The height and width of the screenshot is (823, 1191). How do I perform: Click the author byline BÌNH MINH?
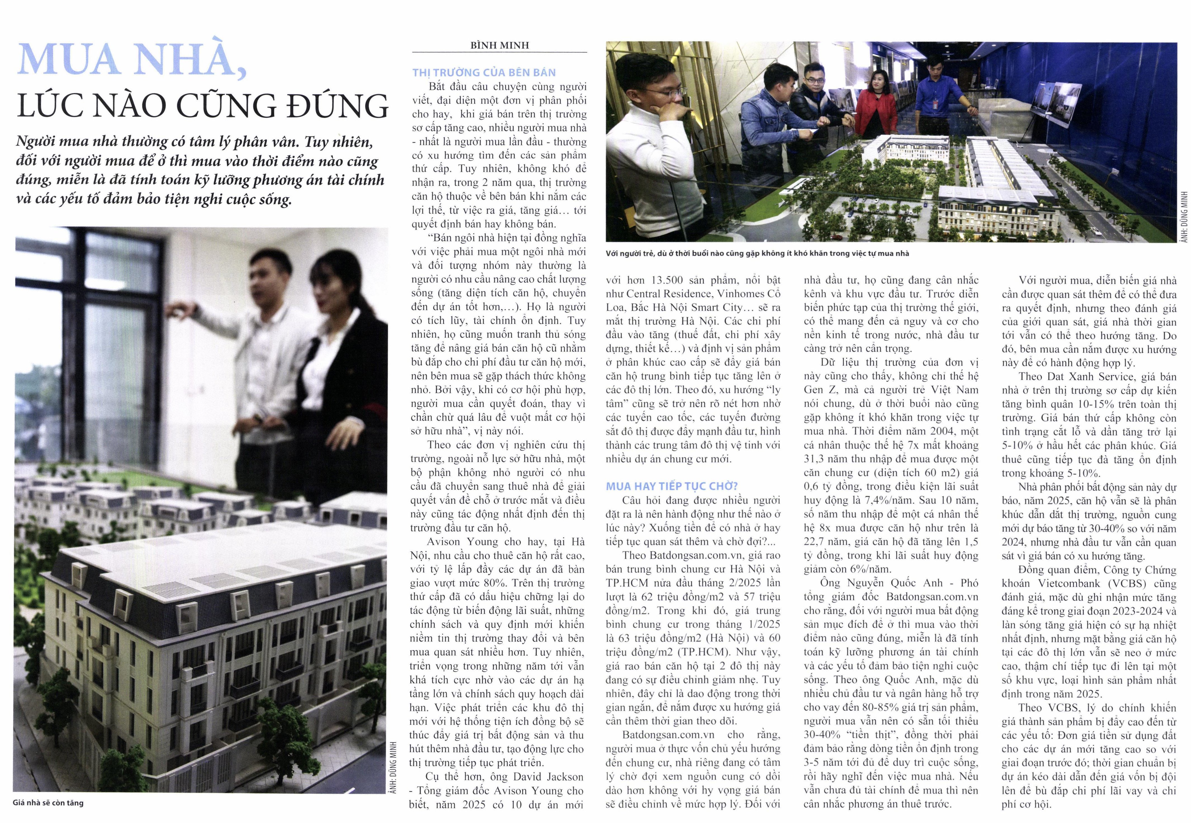point(499,45)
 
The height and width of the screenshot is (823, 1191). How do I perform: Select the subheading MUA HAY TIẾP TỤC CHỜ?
point(672,486)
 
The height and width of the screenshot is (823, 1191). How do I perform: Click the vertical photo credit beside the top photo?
point(1184,217)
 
